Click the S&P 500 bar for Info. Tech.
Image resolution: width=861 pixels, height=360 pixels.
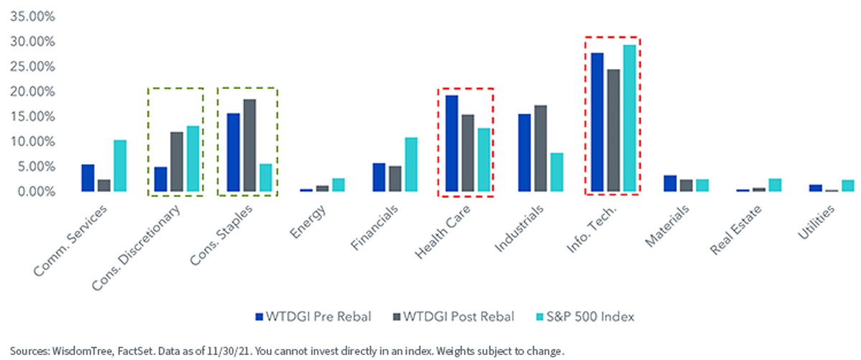pyautogui.click(x=630, y=118)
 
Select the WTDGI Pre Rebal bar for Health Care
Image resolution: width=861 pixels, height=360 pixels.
pyautogui.click(x=451, y=143)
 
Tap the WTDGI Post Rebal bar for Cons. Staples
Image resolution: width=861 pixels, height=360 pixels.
pyautogui.click(x=250, y=146)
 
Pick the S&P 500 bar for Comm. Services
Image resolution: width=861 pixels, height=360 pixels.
pyautogui.click(x=120, y=166)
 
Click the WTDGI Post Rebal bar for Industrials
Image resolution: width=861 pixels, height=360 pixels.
pyautogui.click(x=540, y=148)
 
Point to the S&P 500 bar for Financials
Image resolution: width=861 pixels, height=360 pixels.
pyautogui.click(x=411, y=164)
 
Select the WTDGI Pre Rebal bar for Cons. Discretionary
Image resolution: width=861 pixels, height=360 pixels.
pyautogui.click(x=161, y=179)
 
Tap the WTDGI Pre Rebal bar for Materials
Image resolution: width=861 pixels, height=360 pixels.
pyautogui.click(x=670, y=184)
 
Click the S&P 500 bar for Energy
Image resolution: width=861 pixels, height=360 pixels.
pyautogui.click(x=338, y=185)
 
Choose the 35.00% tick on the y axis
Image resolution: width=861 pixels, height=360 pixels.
pyautogui.click(x=33, y=16)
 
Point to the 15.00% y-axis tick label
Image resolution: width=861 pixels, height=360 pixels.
pyautogui.click(x=33, y=116)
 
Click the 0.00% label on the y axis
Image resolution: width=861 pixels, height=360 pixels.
pyautogui.click(x=37, y=191)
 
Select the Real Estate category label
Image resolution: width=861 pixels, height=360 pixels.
pyautogui.click(x=735, y=229)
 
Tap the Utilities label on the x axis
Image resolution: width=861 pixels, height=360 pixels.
pyautogui.click(x=816, y=222)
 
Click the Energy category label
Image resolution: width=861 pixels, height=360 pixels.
pyautogui.click(x=308, y=222)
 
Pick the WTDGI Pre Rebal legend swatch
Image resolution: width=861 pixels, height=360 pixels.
pyautogui.click(x=260, y=317)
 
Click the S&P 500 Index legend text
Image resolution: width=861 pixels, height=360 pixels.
pyautogui.click(x=591, y=316)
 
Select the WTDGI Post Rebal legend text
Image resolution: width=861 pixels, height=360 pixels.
pyautogui.click(x=458, y=316)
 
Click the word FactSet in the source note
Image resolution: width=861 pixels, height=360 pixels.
pyautogui.click(x=136, y=351)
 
